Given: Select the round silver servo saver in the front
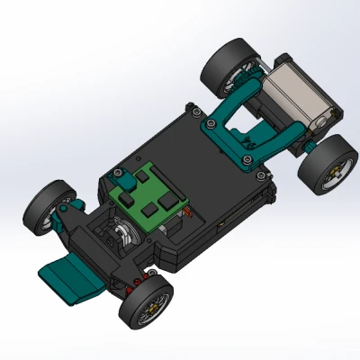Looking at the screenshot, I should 121,238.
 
